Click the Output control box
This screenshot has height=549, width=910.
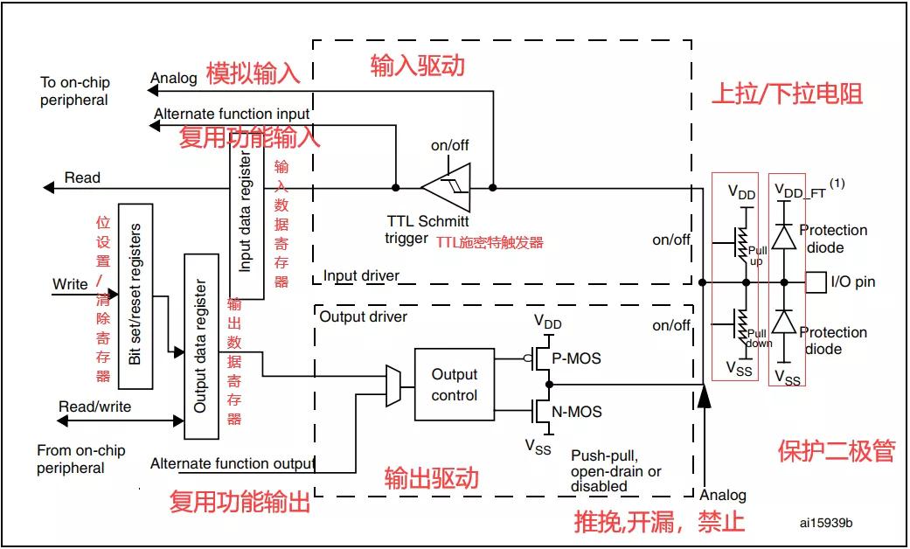pyautogui.click(x=455, y=384)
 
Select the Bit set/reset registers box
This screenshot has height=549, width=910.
pyautogui.click(x=135, y=296)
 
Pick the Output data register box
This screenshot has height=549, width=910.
pyautogui.click(x=201, y=346)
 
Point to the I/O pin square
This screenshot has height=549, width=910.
pyautogui.click(x=816, y=282)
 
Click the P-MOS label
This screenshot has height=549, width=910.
pyautogui.click(x=576, y=358)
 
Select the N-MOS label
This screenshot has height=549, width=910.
pyautogui.click(x=576, y=412)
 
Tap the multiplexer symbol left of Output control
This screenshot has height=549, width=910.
pyautogui.click(x=392, y=386)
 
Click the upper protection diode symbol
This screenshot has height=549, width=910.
pyautogui.click(x=784, y=237)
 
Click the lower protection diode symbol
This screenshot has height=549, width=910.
pyautogui.click(x=784, y=321)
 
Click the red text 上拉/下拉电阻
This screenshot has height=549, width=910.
pyautogui.click(x=787, y=94)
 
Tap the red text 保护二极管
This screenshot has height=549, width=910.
pyautogui.click(x=837, y=451)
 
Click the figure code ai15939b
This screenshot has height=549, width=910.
pyautogui.click(x=826, y=523)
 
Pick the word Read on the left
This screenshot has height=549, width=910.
pyautogui.click(x=82, y=177)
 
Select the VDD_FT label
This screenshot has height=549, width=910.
pyautogui.click(x=801, y=191)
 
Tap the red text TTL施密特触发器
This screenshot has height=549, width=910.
pyautogui.click(x=490, y=242)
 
